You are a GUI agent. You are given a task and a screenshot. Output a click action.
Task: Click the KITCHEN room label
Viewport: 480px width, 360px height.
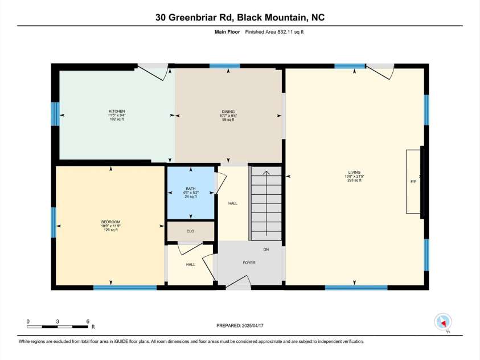click(x=117, y=111)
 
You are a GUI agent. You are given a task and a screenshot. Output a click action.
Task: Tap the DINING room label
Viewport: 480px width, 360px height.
click(x=228, y=112)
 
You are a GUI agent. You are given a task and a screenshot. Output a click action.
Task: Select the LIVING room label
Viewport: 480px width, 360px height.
click(x=354, y=173)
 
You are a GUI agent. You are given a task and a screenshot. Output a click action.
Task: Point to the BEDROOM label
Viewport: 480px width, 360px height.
click(x=111, y=222)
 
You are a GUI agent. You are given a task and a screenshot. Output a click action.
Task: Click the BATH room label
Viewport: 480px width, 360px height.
click(x=191, y=189)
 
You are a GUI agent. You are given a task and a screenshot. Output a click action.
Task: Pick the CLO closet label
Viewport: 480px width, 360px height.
click(x=190, y=231)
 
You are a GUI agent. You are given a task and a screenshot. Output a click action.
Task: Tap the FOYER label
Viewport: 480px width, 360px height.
click(x=249, y=263)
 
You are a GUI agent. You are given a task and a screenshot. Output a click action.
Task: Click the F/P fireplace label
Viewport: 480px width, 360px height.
click(x=413, y=182)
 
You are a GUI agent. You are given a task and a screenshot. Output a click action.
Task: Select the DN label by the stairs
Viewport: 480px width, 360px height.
click(x=266, y=249)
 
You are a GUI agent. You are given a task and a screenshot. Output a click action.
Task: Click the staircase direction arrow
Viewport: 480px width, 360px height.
click(x=266, y=203)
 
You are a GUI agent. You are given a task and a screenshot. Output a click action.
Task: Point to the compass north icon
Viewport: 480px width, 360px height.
click(x=443, y=322)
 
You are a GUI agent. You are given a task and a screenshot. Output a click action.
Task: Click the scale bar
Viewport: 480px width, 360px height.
click(x=58, y=326)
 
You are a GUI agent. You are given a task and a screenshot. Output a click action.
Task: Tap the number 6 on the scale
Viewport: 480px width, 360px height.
click(x=88, y=321)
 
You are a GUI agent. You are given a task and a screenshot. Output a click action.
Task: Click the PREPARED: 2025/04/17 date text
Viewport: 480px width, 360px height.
click(x=240, y=326)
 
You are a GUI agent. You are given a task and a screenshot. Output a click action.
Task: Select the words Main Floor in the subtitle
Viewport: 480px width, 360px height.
click(x=227, y=32)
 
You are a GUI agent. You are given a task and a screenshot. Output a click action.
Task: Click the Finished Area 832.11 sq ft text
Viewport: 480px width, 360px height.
click(x=274, y=32)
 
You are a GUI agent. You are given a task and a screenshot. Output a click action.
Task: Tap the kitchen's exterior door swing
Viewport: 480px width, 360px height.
click(x=153, y=72)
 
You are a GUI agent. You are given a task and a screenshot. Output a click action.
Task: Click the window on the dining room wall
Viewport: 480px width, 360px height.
click(x=225, y=66)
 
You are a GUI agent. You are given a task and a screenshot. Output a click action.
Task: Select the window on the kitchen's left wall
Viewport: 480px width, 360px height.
click(x=55, y=114)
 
